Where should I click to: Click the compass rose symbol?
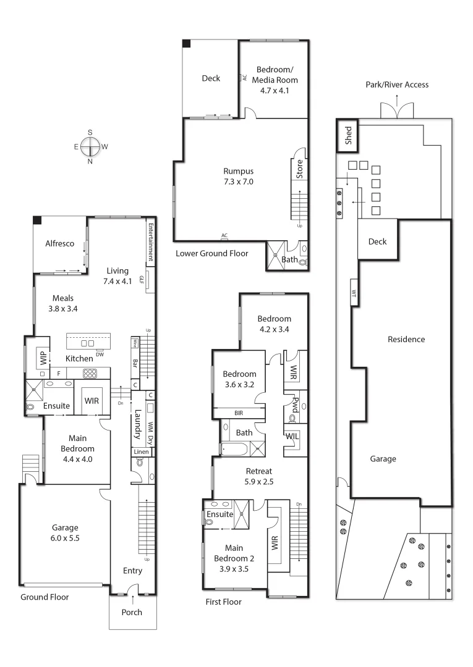(90, 147)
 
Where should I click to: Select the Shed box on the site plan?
(348, 135)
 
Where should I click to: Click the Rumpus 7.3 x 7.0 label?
(239, 177)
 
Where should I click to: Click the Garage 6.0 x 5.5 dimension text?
(65, 532)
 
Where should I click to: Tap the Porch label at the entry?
(132, 612)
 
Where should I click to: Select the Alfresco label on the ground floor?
(60, 244)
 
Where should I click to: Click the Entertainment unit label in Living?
(150, 242)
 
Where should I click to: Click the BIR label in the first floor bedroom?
(238, 413)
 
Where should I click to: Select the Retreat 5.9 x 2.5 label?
(258, 476)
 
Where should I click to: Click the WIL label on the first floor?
(292, 436)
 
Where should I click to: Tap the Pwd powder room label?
(296, 404)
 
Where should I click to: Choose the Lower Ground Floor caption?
(212, 253)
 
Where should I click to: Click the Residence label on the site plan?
(406, 339)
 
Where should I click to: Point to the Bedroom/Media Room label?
(277, 80)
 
